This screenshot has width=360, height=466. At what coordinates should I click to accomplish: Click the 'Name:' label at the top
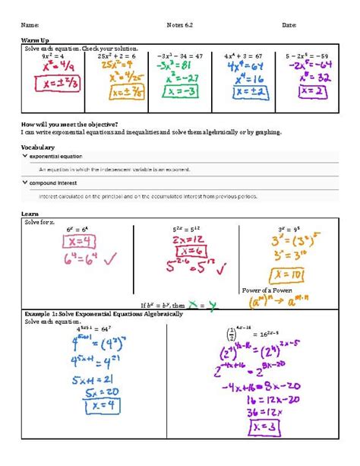(x=30, y=25)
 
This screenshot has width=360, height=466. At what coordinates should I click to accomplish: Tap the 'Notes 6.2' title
(x=180, y=25)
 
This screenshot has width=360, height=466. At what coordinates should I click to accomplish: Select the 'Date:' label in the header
(x=289, y=25)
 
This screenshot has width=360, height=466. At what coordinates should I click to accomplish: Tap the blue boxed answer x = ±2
(x=248, y=90)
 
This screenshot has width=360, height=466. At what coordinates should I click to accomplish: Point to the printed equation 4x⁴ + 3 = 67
(x=245, y=55)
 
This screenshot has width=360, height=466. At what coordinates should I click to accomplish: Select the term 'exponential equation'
(x=56, y=156)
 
